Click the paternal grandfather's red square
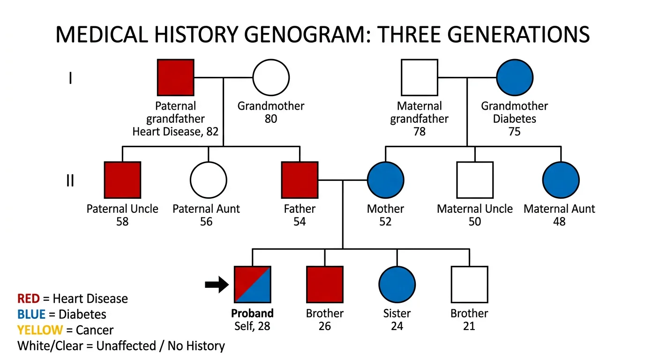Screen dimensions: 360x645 tap(175, 77)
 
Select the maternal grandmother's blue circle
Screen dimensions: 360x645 tap(514, 77)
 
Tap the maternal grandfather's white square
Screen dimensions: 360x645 tap(419, 77)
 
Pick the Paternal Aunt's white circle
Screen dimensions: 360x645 tap(208, 180)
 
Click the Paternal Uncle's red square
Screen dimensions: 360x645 tap(122, 180)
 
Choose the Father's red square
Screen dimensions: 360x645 tap(300, 180)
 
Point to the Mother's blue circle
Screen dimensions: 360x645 tap(386, 180)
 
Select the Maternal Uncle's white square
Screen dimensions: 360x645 tap(475, 180)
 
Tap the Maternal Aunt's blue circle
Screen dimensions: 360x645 tap(561, 180)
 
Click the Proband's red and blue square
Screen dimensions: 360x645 tap(252, 285)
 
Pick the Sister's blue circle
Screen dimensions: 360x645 tap(397, 285)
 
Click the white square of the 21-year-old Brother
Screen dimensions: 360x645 tap(469, 285)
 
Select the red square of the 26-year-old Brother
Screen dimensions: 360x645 tap(325, 285)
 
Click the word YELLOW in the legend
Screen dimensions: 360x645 tap(40, 330)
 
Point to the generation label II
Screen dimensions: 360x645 tap(70, 180)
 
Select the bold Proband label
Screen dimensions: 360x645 tap(253, 313)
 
